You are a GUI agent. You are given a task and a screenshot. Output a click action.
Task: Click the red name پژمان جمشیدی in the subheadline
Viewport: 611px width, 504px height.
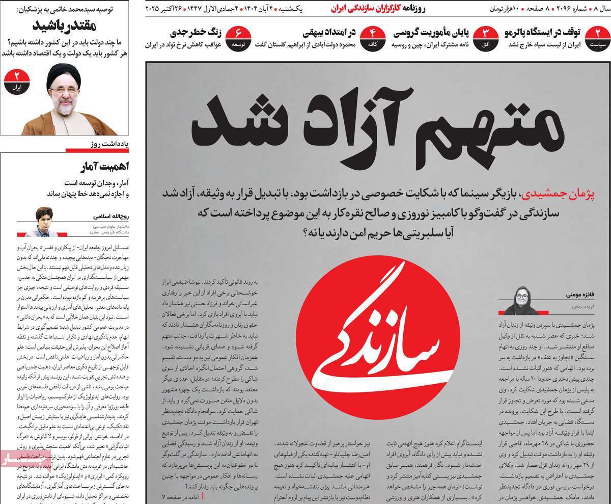(x=568, y=194)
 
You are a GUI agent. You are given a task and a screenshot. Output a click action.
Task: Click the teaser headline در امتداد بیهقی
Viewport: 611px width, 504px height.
(x=329, y=33)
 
